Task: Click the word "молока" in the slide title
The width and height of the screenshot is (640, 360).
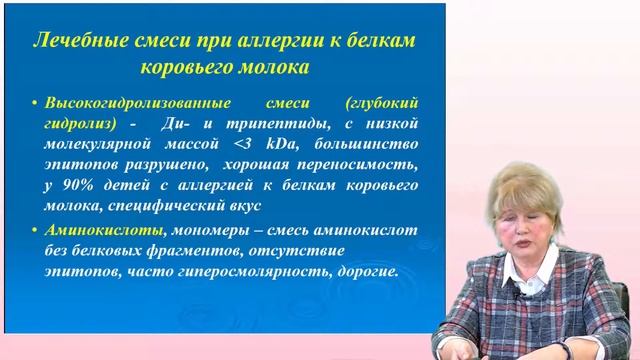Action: [x=263, y=68]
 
